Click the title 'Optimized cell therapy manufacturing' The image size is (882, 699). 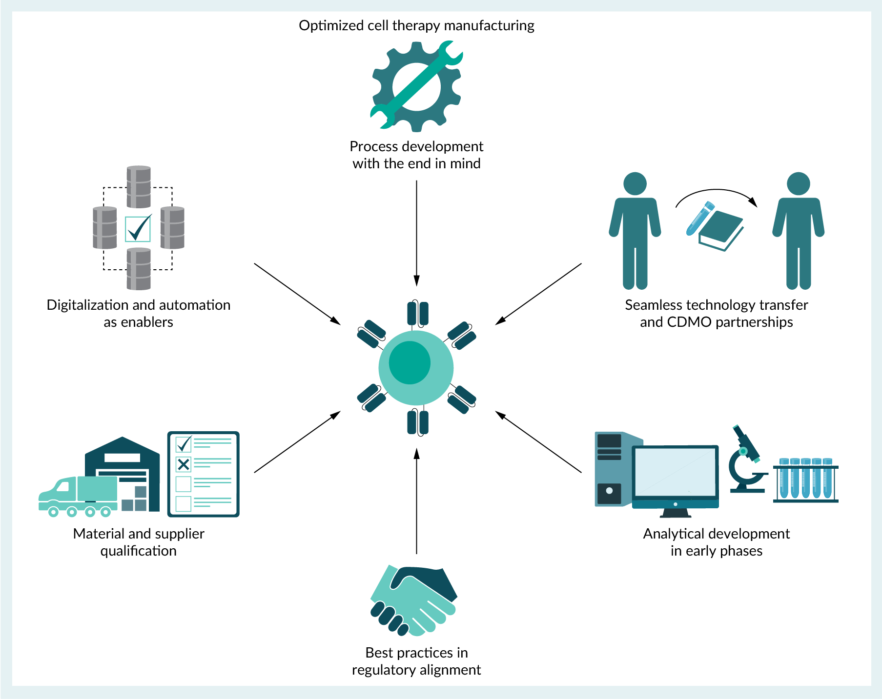click(x=416, y=25)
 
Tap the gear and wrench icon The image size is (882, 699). click(x=416, y=86)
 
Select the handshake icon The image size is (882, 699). click(x=413, y=600)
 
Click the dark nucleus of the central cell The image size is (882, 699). click(x=410, y=362)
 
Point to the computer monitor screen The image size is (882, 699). click(x=675, y=472)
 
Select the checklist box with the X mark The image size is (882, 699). click(x=184, y=464)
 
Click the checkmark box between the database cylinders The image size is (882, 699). click(x=138, y=229)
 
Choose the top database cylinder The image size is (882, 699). click(x=139, y=187)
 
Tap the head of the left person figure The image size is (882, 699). click(x=635, y=184)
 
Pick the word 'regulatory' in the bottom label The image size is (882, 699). click(x=379, y=670)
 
